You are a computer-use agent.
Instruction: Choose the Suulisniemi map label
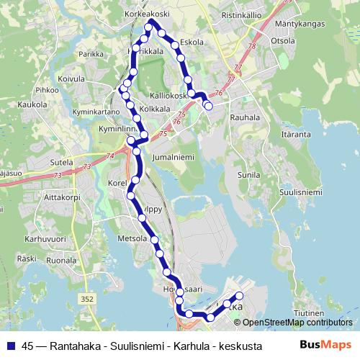pos(300,192)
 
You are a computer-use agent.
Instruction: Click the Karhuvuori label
pos(45,238)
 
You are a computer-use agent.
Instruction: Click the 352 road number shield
pos(87,297)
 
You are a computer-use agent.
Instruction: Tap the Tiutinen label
pos(311,314)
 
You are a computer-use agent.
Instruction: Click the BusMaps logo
pos(325,344)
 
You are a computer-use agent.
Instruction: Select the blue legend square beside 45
pos(10,345)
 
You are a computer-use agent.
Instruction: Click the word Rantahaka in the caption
pos(78,345)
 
